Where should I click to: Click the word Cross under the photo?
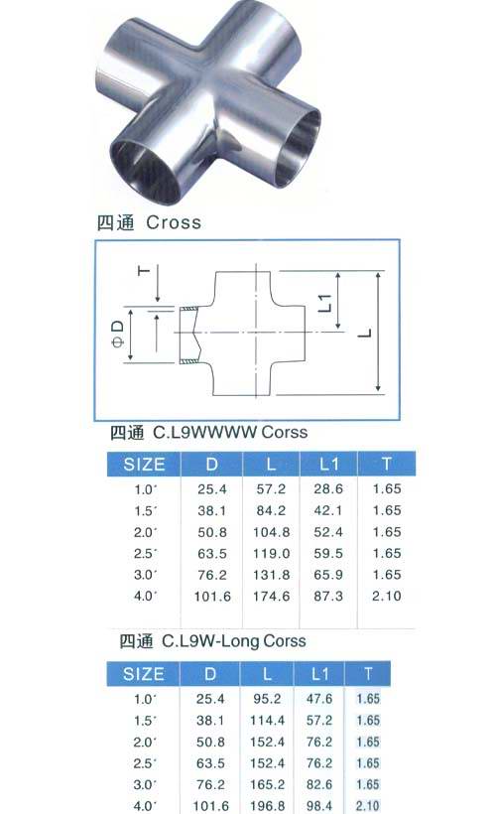point(174,222)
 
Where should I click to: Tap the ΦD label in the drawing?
point(118,334)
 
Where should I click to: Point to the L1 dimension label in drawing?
point(324,303)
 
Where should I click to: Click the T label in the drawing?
point(144,270)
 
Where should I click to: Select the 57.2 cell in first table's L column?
point(271,489)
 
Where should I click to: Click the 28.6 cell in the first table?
point(328,489)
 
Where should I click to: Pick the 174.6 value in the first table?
point(272,597)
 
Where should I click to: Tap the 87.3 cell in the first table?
point(328,596)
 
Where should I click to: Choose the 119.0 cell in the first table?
point(272,553)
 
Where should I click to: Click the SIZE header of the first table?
point(144,465)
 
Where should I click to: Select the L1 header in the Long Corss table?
point(320,674)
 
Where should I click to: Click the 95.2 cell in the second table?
point(267,699)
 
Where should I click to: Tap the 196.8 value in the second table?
point(267,806)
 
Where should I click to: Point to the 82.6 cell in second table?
point(319,784)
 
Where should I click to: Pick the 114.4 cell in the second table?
point(267,721)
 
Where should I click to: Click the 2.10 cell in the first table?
point(387,596)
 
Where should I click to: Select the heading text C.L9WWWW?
point(205,433)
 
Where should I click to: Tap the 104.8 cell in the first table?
point(272,532)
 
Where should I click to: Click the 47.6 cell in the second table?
point(319,699)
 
